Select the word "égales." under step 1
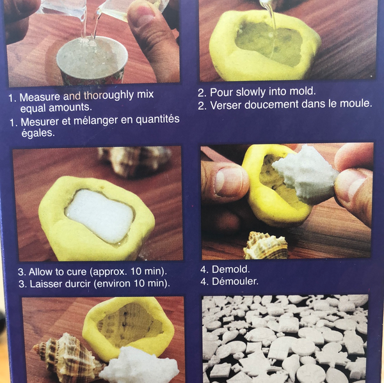[x=38, y=134]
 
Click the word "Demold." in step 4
[x=230, y=269]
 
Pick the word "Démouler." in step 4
[x=235, y=281]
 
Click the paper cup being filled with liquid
[x=92, y=60]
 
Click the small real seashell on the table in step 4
[x=266, y=246]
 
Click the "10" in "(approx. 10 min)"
[x=136, y=271]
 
